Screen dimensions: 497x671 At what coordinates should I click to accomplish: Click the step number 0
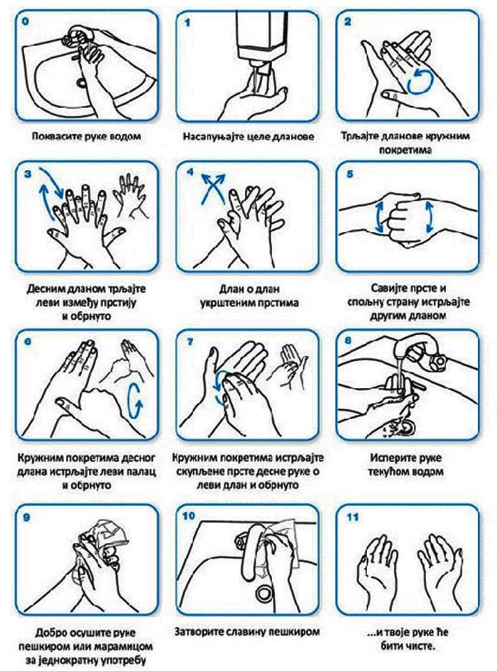26,21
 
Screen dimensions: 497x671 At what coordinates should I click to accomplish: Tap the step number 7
189,342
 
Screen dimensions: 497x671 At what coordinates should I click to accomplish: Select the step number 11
352,517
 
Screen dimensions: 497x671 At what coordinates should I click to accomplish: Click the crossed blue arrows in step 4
213,188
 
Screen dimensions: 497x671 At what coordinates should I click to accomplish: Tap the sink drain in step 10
265,593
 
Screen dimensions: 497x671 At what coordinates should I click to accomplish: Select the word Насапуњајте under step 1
211,137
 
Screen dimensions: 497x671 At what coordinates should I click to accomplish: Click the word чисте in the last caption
419,646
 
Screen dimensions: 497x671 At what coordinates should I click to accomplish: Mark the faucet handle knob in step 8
437,361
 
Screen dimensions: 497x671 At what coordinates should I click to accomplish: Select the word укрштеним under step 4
229,303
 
